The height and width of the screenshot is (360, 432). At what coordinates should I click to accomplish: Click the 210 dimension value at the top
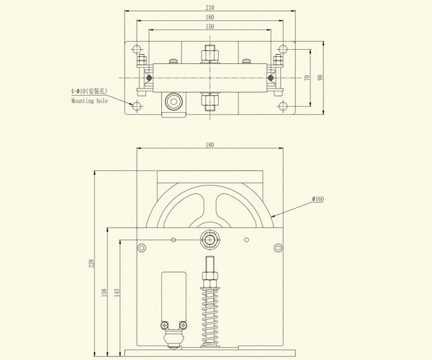click(x=209, y=8)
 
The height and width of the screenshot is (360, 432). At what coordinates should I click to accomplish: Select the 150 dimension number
click(x=209, y=26)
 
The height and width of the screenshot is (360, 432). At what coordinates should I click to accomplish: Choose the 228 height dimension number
click(x=91, y=264)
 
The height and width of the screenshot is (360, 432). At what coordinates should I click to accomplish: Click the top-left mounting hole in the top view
click(x=136, y=50)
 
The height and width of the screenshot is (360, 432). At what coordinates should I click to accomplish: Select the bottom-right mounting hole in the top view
click(x=282, y=107)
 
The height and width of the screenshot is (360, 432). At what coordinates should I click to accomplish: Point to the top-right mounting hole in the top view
click(x=282, y=50)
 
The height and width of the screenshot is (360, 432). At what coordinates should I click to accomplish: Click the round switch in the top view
click(x=172, y=101)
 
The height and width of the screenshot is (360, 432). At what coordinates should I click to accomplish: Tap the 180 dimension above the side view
click(x=210, y=145)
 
